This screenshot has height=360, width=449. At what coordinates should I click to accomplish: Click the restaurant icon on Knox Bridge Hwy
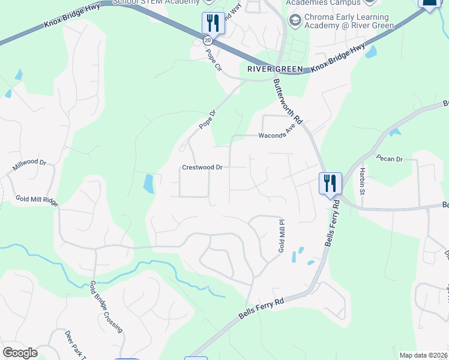click(x=212, y=23)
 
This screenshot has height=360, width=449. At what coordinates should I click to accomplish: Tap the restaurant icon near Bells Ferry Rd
click(x=330, y=182)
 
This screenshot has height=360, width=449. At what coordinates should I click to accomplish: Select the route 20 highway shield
click(x=207, y=40)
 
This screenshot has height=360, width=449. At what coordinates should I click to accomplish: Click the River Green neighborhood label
click(x=275, y=70)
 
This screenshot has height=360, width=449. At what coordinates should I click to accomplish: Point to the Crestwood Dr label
click(x=202, y=167)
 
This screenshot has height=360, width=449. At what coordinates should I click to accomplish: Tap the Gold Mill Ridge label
click(x=37, y=200)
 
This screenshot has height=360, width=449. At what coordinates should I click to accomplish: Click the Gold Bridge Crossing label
click(x=106, y=307)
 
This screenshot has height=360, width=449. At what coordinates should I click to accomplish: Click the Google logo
click(x=20, y=353)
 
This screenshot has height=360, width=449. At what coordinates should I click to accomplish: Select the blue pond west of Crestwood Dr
click(x=148, y=184)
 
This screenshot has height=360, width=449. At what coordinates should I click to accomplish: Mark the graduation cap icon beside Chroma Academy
click(x=295, y=22)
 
